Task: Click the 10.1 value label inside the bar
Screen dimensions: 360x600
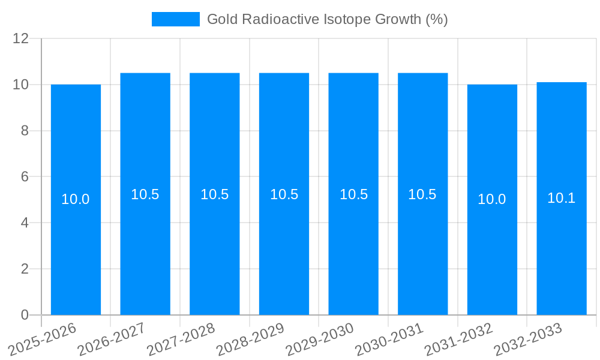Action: [x=562, y=198]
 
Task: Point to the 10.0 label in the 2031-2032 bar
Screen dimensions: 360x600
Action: [x=492, y=199]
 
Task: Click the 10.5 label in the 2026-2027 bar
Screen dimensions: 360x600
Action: [x=145, y=194]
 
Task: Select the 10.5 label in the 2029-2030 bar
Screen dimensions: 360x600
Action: [x=353, y=194]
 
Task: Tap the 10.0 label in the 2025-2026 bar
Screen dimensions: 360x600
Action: [x=76, y=199]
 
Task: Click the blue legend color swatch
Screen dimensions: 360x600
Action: [x=175, y=19]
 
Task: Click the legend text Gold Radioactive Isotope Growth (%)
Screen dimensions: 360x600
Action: [x=327, y=19]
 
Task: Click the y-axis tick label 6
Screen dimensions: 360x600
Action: [x=25, y=177]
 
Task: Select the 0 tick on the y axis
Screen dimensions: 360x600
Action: [x=25, y=315]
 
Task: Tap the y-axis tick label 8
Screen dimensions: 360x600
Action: [x=25, y=131]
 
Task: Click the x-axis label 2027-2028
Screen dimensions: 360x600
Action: [x=181, y=339]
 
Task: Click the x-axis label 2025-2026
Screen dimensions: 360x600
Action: [x=42, y=339]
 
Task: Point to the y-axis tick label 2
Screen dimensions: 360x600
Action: [x=25, y=269]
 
